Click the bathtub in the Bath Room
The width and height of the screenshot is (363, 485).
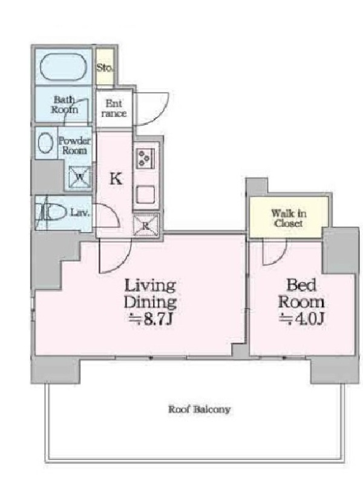(64, 67)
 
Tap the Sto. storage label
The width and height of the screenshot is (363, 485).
(105, 67)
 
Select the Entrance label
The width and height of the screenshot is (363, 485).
(114, 109)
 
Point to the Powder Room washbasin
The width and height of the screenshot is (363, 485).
(45, 143)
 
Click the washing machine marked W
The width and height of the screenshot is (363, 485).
(80, 177)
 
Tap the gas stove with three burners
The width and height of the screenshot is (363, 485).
(145, 158)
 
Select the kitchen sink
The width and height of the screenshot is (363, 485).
(145, 195)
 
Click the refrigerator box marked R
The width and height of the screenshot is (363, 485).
(145, 225)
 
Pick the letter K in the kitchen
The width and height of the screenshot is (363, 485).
(116, 179)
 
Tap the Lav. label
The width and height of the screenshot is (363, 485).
(80, 213)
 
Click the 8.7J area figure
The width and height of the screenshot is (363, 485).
(149, 319)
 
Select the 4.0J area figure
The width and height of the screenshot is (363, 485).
(301, 319)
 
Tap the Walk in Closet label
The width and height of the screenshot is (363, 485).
(289, 218)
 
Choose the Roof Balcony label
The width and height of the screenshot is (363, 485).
(200, 409)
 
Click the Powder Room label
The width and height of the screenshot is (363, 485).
(74, 145)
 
